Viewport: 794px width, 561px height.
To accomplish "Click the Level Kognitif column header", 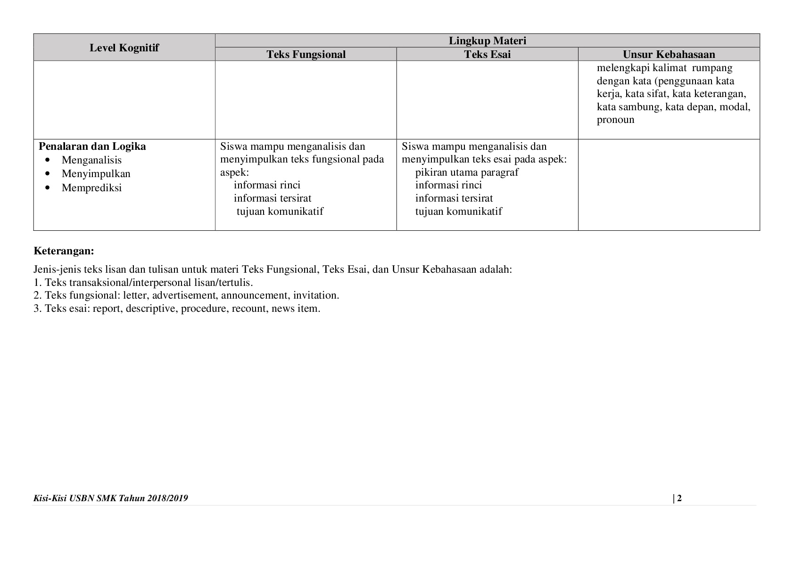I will pyautogui.click(x=124, y=48).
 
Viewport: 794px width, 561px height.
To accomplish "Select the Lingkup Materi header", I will pyautogui.click(x=487, y=41).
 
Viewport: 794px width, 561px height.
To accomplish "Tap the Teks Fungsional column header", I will pyautogui.click(x=306, y=54).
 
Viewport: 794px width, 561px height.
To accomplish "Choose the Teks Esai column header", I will pyautogui.click(x=487, y=54).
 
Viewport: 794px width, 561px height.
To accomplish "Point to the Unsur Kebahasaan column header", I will pyautogui.click(x=669, y=54).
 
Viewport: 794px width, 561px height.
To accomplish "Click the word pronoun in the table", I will pyautogui.click(x=615, y=120).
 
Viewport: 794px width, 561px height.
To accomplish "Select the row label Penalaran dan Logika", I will pyautogui.click(x=92, y=146).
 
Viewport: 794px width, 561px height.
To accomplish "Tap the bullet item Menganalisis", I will pyautogui.click(x=91, y=160).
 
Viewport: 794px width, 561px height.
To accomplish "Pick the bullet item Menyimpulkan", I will pyautogui.click(x=96, y=174).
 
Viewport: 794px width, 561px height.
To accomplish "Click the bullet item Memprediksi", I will pyautogui.click(x=91, y=188).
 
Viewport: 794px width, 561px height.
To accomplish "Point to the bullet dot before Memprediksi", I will pyautogui.click(x=48, y=188).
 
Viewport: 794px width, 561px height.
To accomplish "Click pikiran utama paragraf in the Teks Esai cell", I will pyautogui.click(x=466, y=172).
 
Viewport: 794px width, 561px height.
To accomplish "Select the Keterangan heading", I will pyautogui.click(x=64, y=251).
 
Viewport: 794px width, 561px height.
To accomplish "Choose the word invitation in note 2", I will pyautogui.click(x=315, y=296).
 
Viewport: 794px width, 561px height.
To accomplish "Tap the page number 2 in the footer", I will pyautogui.click(x=679, y=498).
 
